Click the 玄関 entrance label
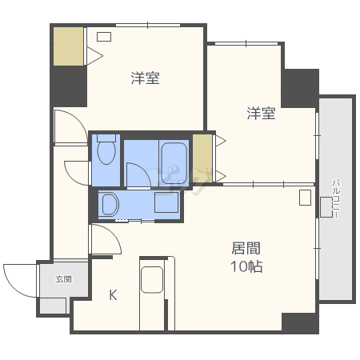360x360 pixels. [63, 279]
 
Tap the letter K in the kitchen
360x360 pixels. [113, 294]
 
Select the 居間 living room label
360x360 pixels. [246, 248]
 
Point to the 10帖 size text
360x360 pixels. [247, 266]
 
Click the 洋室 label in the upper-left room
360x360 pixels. [145, 78]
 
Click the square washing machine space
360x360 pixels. [166, 203]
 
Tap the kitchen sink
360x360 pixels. [152, 280]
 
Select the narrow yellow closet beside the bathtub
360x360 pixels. [202, 157]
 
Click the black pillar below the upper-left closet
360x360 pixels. [69, 86]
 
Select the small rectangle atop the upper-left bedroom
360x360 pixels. [104, 36]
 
